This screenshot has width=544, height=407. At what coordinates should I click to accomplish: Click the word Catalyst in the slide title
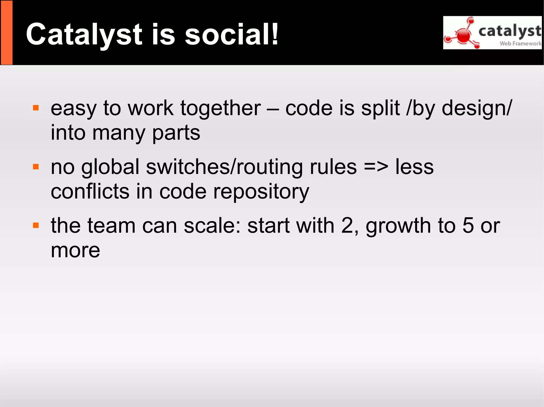84,35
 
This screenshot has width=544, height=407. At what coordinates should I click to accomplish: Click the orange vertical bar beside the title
7,32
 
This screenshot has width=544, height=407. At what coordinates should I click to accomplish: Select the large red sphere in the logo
464,36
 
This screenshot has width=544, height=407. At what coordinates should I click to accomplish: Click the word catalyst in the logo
509,31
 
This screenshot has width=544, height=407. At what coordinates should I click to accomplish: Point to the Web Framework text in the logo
520,43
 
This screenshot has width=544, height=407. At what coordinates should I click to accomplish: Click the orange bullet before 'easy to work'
36,108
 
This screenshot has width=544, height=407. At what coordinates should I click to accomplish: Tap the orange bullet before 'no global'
36,167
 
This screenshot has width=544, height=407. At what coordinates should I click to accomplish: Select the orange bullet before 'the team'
36,226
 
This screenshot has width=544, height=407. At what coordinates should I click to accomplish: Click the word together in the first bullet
220,108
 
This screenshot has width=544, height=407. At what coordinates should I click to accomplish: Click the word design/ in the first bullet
477,108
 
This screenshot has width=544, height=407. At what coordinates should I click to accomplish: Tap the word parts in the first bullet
176,133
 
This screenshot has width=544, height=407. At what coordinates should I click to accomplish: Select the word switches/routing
224,167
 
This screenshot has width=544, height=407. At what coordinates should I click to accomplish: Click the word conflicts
90,192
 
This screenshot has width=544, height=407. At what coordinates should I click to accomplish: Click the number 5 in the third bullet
468,226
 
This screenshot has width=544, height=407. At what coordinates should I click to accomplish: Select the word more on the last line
75,251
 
